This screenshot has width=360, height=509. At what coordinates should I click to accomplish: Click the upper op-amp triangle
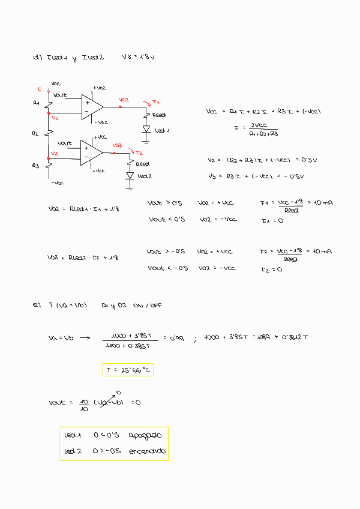(92, 106)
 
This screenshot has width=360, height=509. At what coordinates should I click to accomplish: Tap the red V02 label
(124, 100)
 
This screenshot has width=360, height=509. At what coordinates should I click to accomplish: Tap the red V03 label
(117, 145)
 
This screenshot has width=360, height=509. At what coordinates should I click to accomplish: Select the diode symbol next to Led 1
(146, 129)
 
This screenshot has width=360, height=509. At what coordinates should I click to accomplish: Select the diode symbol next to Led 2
(130, 176)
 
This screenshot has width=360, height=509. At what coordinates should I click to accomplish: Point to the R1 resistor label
(36, 103)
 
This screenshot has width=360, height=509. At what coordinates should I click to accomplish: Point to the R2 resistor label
(35, 133)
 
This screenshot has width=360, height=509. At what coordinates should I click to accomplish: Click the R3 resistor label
(35, 165)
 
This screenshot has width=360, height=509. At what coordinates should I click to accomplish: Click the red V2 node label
(55, 118)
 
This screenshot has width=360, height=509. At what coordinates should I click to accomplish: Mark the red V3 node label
(54, 154)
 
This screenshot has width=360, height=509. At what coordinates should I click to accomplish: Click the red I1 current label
(155, 101)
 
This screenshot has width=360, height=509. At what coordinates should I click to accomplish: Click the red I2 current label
(139, 153)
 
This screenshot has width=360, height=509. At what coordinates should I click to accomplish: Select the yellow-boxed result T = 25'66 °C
(128, 370)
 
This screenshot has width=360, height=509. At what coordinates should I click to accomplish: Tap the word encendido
(147, 451)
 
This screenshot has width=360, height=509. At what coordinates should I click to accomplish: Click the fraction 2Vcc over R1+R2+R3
(263, 130)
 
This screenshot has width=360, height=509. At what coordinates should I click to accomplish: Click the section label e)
(37, 305)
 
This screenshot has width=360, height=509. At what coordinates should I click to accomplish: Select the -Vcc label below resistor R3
(57, 182)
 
